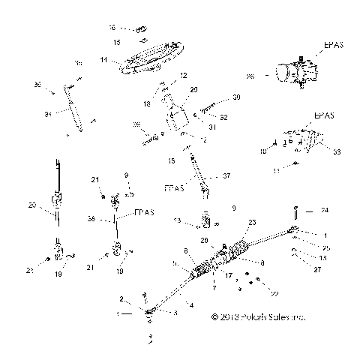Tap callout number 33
336,152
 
